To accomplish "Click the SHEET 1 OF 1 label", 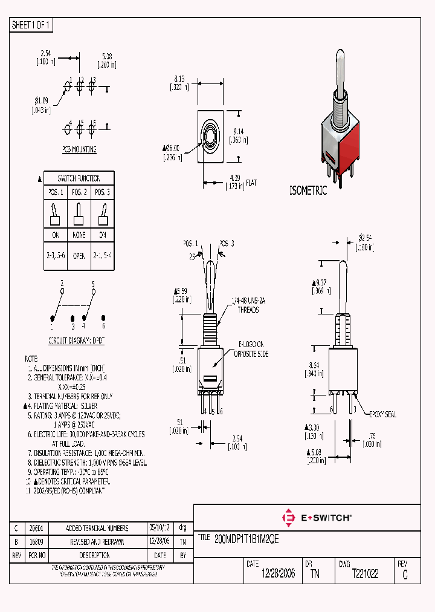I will pos(31,25).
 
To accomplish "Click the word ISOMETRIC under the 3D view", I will pos(308,190).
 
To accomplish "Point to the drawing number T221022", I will pos(365,574).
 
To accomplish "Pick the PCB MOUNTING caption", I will pos(79,149).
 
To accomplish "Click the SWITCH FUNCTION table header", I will pos(78,178).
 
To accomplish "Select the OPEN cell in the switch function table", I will pos(79,256).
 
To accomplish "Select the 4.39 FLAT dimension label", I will pos(242,181).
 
